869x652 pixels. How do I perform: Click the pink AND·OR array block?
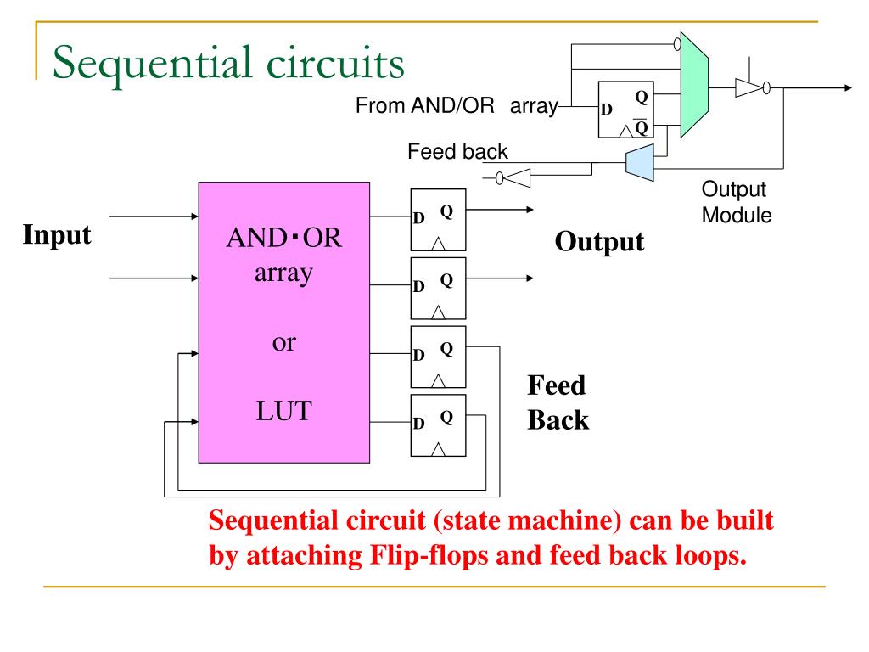click(283, 322)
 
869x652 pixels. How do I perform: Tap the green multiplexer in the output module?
click(694, 84)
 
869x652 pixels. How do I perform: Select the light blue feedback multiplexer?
click(640, 162)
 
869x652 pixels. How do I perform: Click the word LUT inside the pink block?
click(283, 411)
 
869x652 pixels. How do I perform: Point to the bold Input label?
click(57, 235)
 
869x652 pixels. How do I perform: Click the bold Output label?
click(599, 242)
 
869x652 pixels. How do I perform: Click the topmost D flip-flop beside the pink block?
click(438, 220)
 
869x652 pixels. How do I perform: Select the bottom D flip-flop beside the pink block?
click(438, 425)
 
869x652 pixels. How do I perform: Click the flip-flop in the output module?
click(625, 110)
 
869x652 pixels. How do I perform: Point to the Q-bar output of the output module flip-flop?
click(641, 127)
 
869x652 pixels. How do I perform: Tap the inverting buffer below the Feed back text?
click(513, 178)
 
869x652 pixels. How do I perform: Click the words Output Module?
click(737, 202)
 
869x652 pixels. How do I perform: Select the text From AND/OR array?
click(457, 105)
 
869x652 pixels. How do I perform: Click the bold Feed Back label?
click(558, 402)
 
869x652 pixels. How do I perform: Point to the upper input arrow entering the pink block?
click(154, 216)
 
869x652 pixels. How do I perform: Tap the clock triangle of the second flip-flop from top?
click(438, 312)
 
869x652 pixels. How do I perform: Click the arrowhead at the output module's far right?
click(848, 87)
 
